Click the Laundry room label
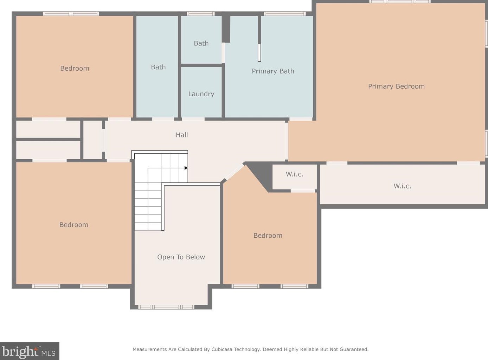pos(201,94)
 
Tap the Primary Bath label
pos(273,71)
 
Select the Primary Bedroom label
pos(396,86)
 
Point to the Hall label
pos(182,135)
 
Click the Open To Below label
pos(181,257)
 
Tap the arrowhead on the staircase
pos(186,168)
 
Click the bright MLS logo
pos(30,351)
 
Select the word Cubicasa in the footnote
pos(222,349)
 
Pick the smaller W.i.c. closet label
pos(294,174)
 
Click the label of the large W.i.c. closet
pos(402,186)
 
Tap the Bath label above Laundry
pos(201,43)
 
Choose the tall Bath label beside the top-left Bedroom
pos(158,67)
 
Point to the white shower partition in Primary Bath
pos(259,53)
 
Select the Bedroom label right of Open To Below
pos(268,236)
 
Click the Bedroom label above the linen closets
pos(75,68)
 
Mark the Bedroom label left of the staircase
pos(74,225)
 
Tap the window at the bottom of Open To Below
pos(166,307)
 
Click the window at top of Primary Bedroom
pos(400,1)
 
